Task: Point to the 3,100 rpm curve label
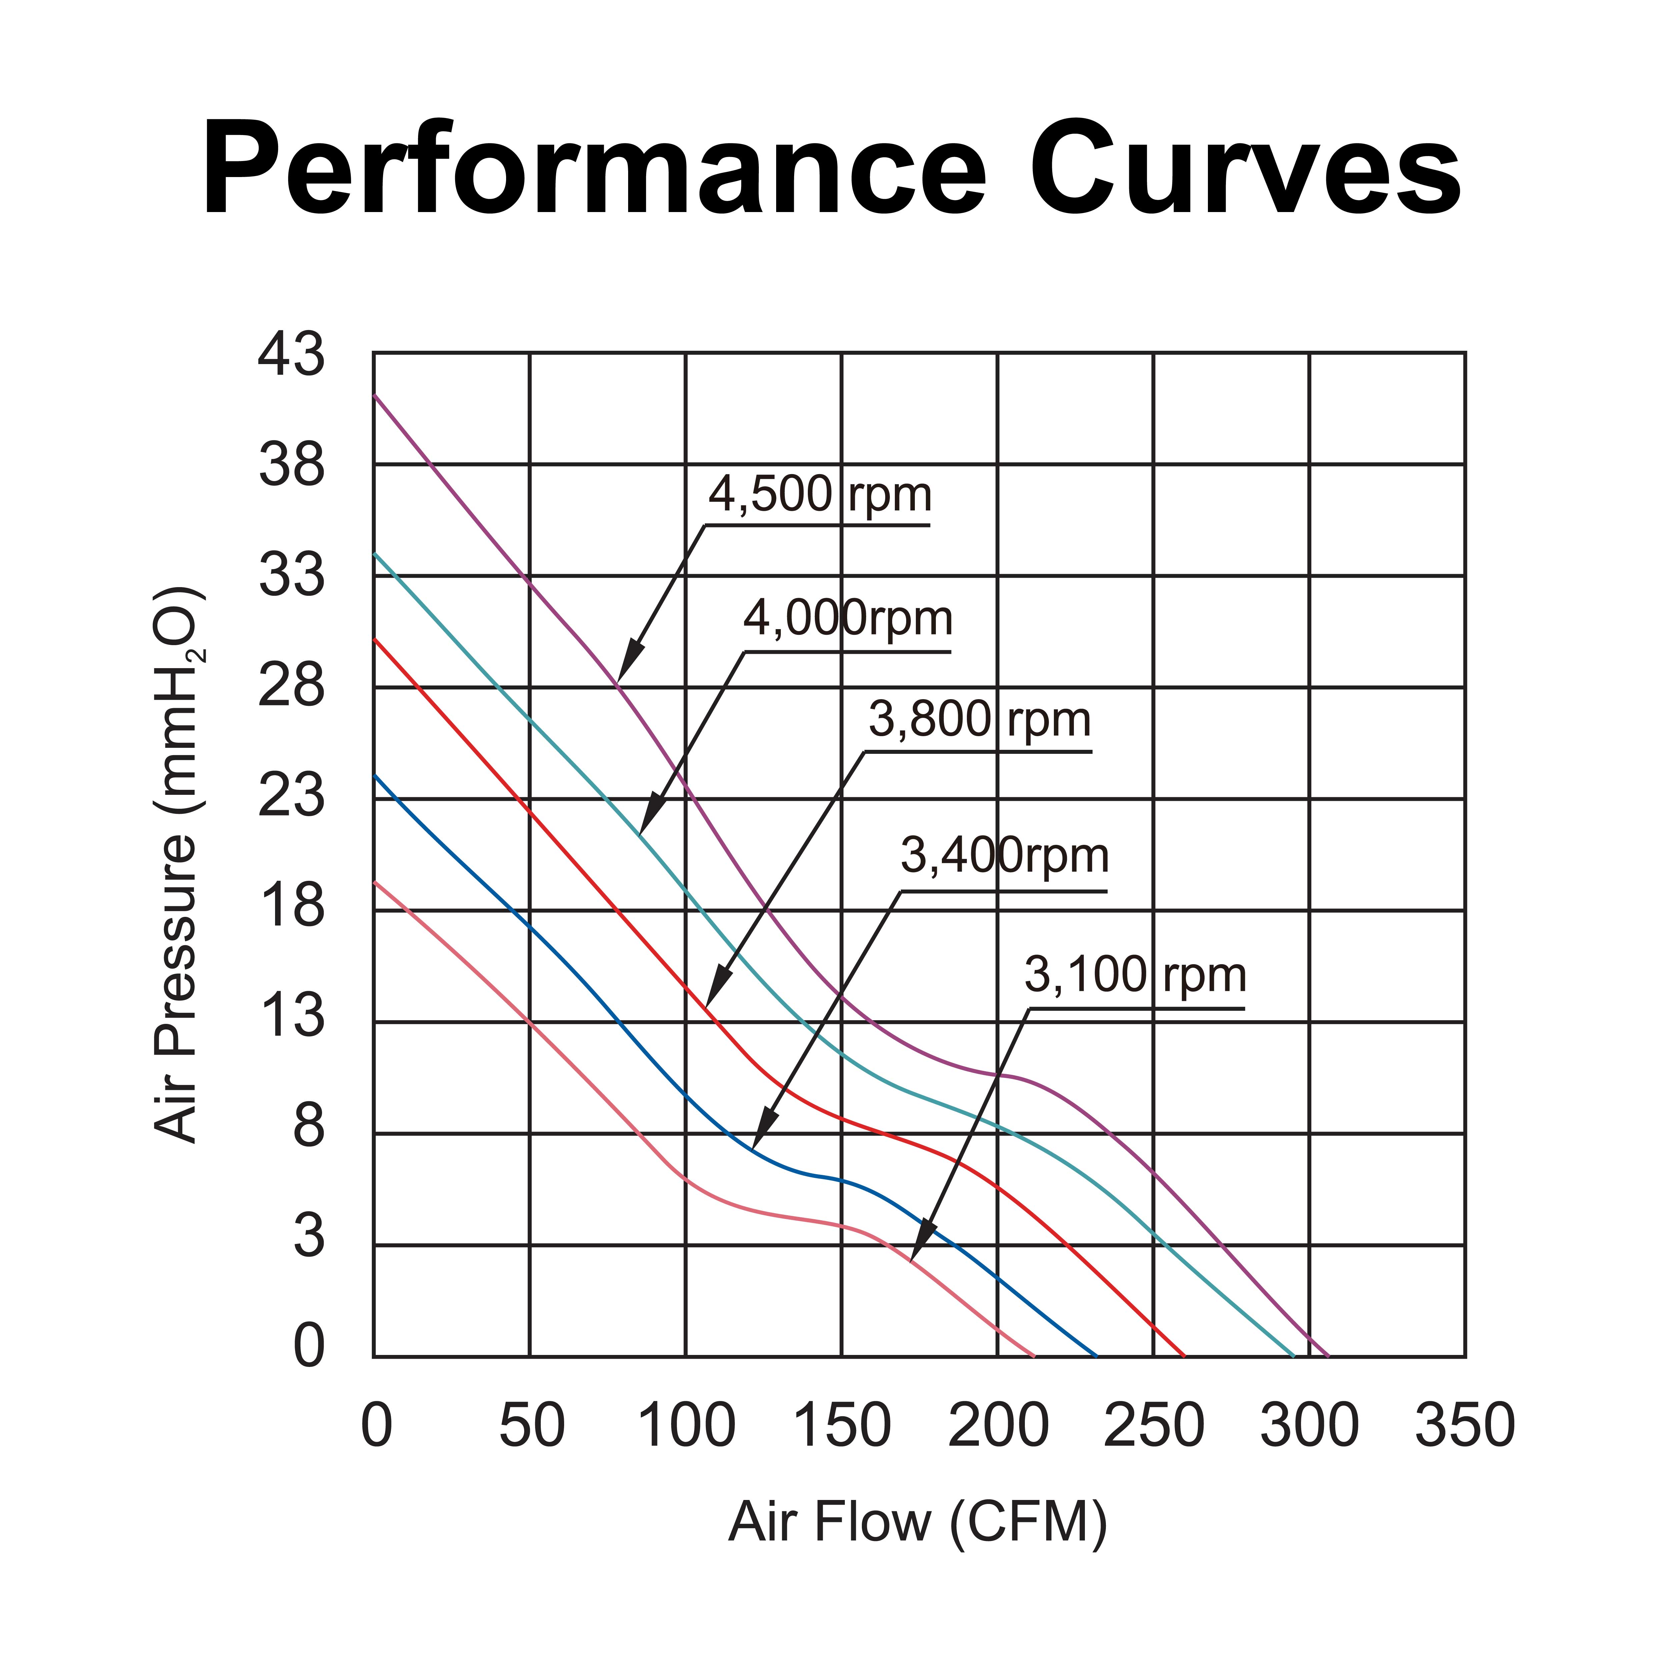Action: pos(1136,975)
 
